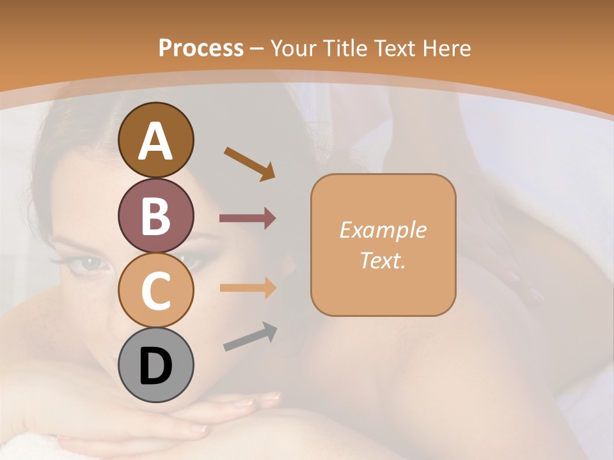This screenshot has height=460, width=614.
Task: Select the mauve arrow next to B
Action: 248,218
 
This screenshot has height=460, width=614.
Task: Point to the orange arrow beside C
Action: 248,288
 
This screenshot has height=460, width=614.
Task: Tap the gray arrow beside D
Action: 250,337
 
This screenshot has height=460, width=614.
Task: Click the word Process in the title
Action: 201,49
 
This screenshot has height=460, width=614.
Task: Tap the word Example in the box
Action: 382,230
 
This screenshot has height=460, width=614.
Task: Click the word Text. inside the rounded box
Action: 382,260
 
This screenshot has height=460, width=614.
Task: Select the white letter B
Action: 155,216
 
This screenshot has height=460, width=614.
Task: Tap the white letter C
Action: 155,291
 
